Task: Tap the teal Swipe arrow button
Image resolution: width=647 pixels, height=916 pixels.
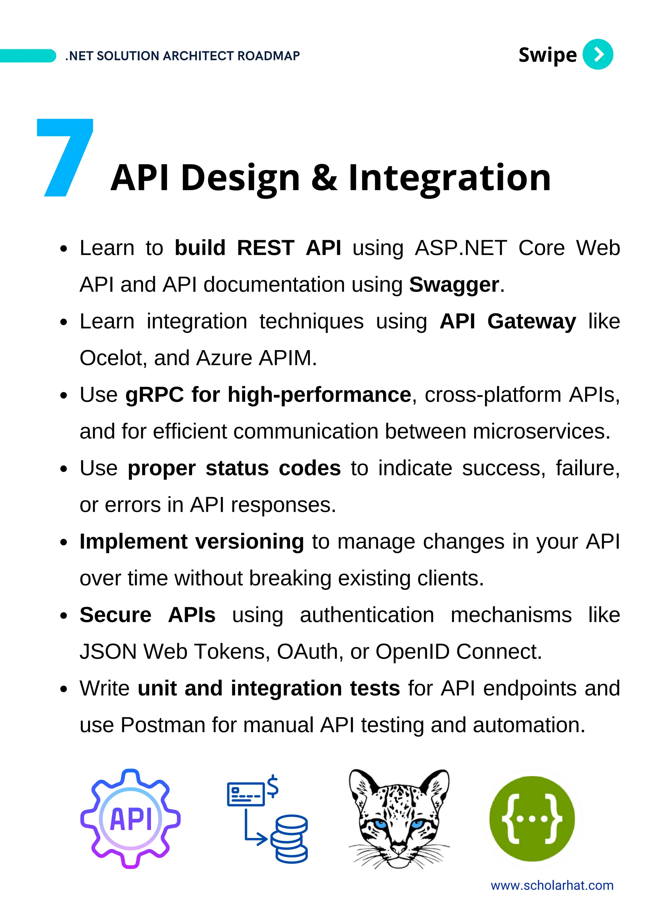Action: point(597,54)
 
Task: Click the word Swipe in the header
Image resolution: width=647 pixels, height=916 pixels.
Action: point(547,55)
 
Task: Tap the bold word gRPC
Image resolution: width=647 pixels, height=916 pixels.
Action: point(154,395)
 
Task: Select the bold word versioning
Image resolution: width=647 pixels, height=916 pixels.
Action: point(249,542)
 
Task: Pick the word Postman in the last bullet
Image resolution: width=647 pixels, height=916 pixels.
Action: point(163,725)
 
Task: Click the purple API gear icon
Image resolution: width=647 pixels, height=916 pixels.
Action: point(130,819)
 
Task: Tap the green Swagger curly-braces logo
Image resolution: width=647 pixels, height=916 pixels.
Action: point(532,819)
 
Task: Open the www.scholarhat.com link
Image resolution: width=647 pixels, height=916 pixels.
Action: point(552,886)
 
